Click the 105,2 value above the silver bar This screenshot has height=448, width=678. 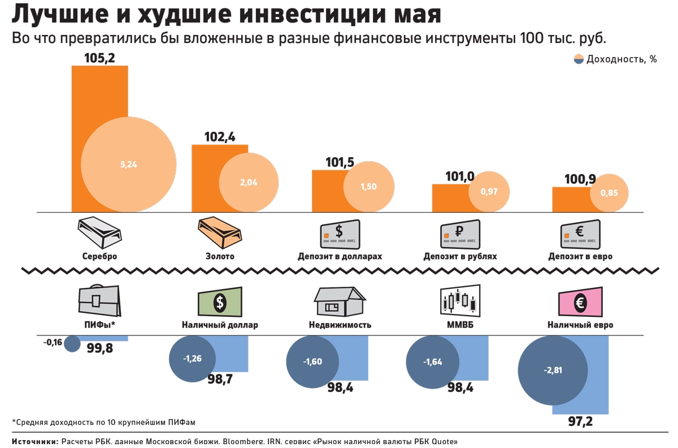click(99, 58)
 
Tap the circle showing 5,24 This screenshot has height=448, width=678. click(129, 165)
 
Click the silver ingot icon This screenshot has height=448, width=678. click(99, 232)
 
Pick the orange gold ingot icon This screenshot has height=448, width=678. click(220, 232)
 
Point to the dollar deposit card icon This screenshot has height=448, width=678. click(340, 232)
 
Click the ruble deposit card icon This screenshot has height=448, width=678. click(460, 232)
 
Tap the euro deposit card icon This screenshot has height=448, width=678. click(580, 232)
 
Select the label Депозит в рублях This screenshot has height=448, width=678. click(460, 256)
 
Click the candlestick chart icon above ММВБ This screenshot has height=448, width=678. click(460, 300)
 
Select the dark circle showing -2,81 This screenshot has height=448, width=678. click(553, 371)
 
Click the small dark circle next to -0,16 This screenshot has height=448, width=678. click(72, 343)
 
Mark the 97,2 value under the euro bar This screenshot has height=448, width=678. click(580, 421)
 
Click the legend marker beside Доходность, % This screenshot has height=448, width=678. click(579, 59)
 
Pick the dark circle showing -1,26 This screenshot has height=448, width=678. click(193, 358)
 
